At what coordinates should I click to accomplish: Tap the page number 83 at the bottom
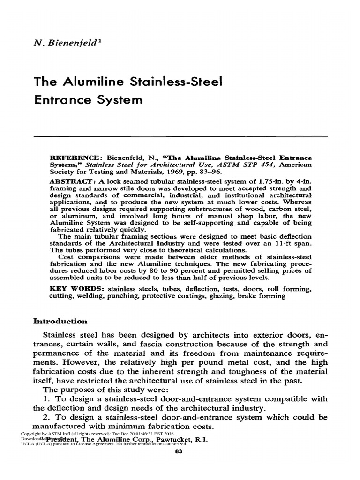(x=178, y=452)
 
